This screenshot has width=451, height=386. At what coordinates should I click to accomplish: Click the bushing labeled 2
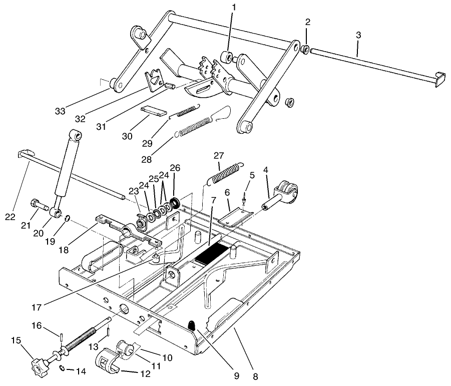click(304, 49)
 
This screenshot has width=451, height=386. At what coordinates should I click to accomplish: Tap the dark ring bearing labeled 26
click(175, 203)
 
